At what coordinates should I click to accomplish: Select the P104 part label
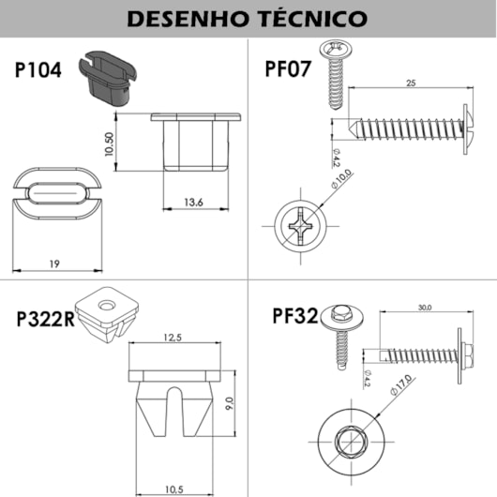click(x=38, y=70)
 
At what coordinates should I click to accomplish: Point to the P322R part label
click(x=45, y=319)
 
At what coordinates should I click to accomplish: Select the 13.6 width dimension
click(x=194, y=202)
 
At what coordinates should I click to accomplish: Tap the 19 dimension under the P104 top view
click(x=55, y=265)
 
